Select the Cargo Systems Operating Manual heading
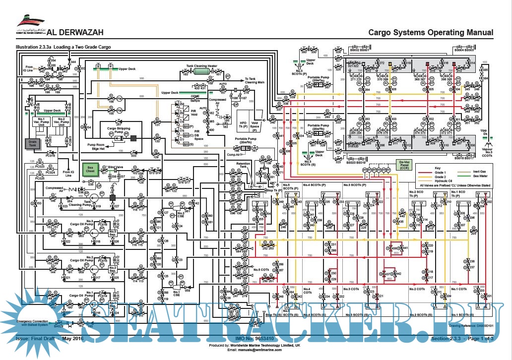pyautogui.click(x=431, y=33)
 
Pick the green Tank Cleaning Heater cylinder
pyautogui.click(x=201, y=71)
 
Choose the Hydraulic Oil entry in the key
pyautogui.click(x=444, y=181)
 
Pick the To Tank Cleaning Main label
pyautogui.click(x=255, y=80)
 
